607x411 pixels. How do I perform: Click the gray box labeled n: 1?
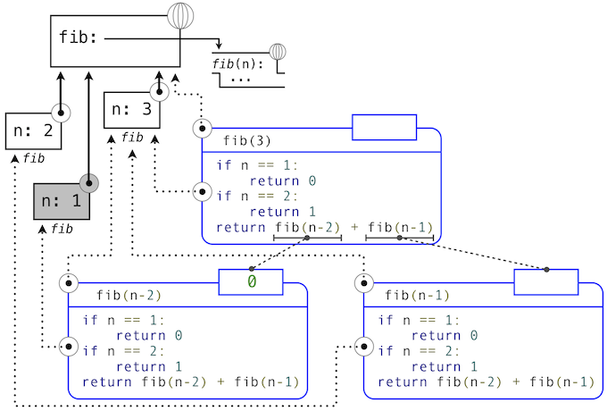point(62,201)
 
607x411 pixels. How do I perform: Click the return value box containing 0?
point(251,282)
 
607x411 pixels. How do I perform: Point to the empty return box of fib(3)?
point(384,128)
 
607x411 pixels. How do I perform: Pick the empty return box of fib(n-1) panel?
point(545,282)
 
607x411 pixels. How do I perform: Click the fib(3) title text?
point(247,140)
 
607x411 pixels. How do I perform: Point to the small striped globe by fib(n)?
point(278,51)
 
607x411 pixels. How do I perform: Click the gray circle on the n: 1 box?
point(88,184)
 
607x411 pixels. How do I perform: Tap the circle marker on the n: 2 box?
point(60,113)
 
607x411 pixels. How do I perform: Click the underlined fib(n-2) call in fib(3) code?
point(306,227)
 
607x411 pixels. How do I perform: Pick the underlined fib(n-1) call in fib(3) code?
point(399,227)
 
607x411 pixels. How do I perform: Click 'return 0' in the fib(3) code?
point(282,180)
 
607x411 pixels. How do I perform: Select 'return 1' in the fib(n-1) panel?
point(444,366)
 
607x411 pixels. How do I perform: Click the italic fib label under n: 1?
point(62,229)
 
